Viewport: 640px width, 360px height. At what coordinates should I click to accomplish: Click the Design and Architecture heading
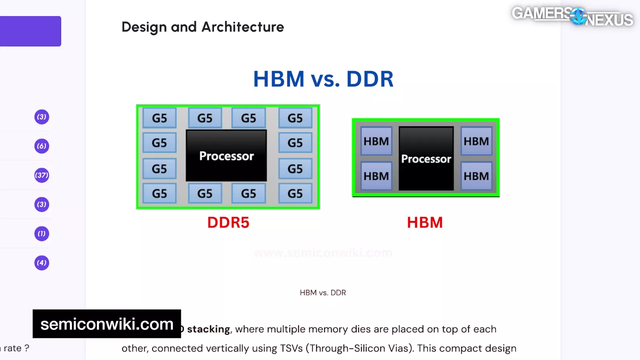click(202, 27)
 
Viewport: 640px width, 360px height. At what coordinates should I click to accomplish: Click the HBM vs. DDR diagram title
click(323, 79)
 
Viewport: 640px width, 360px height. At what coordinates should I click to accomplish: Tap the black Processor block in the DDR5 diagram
click(226, 156)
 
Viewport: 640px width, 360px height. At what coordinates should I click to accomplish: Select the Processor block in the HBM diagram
click(426, 158)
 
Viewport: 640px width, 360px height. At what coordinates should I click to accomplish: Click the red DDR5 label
click(228, 222)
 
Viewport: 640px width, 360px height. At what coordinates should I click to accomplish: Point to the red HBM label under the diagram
click(425, 222)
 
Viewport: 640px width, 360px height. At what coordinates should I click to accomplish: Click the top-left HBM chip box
click(376, 141)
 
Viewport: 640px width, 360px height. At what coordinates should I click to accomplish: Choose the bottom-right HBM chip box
click(476, 176)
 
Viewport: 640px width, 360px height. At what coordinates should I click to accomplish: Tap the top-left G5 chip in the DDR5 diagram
click(159, 118)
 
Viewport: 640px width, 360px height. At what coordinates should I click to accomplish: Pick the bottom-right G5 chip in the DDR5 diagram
click(295, 194)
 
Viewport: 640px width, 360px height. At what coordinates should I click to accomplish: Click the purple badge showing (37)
click(42, 175)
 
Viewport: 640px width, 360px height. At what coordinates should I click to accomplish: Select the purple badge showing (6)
click(42, 146)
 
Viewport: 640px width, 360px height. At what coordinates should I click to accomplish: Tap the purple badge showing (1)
click(42, 234)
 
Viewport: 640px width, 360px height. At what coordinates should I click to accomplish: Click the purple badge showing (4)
click(42, 263)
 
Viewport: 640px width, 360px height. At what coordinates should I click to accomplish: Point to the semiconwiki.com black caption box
click(107, 324)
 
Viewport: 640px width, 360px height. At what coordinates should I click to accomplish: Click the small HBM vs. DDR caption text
click(323, 293)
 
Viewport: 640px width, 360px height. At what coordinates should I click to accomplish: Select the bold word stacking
click(208, 329)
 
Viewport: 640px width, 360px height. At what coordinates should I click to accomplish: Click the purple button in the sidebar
click(30, 31)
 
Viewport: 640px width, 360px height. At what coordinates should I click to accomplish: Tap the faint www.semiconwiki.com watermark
click(323, 253)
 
